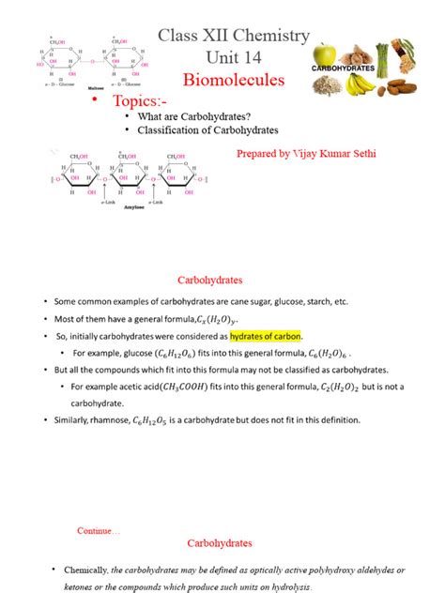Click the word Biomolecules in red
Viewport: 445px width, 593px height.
point(233,80)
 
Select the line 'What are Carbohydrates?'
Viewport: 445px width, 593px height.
point(192,115)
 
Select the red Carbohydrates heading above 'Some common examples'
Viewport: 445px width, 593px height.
point(210,280)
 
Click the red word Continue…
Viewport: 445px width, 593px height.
point(99,530)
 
